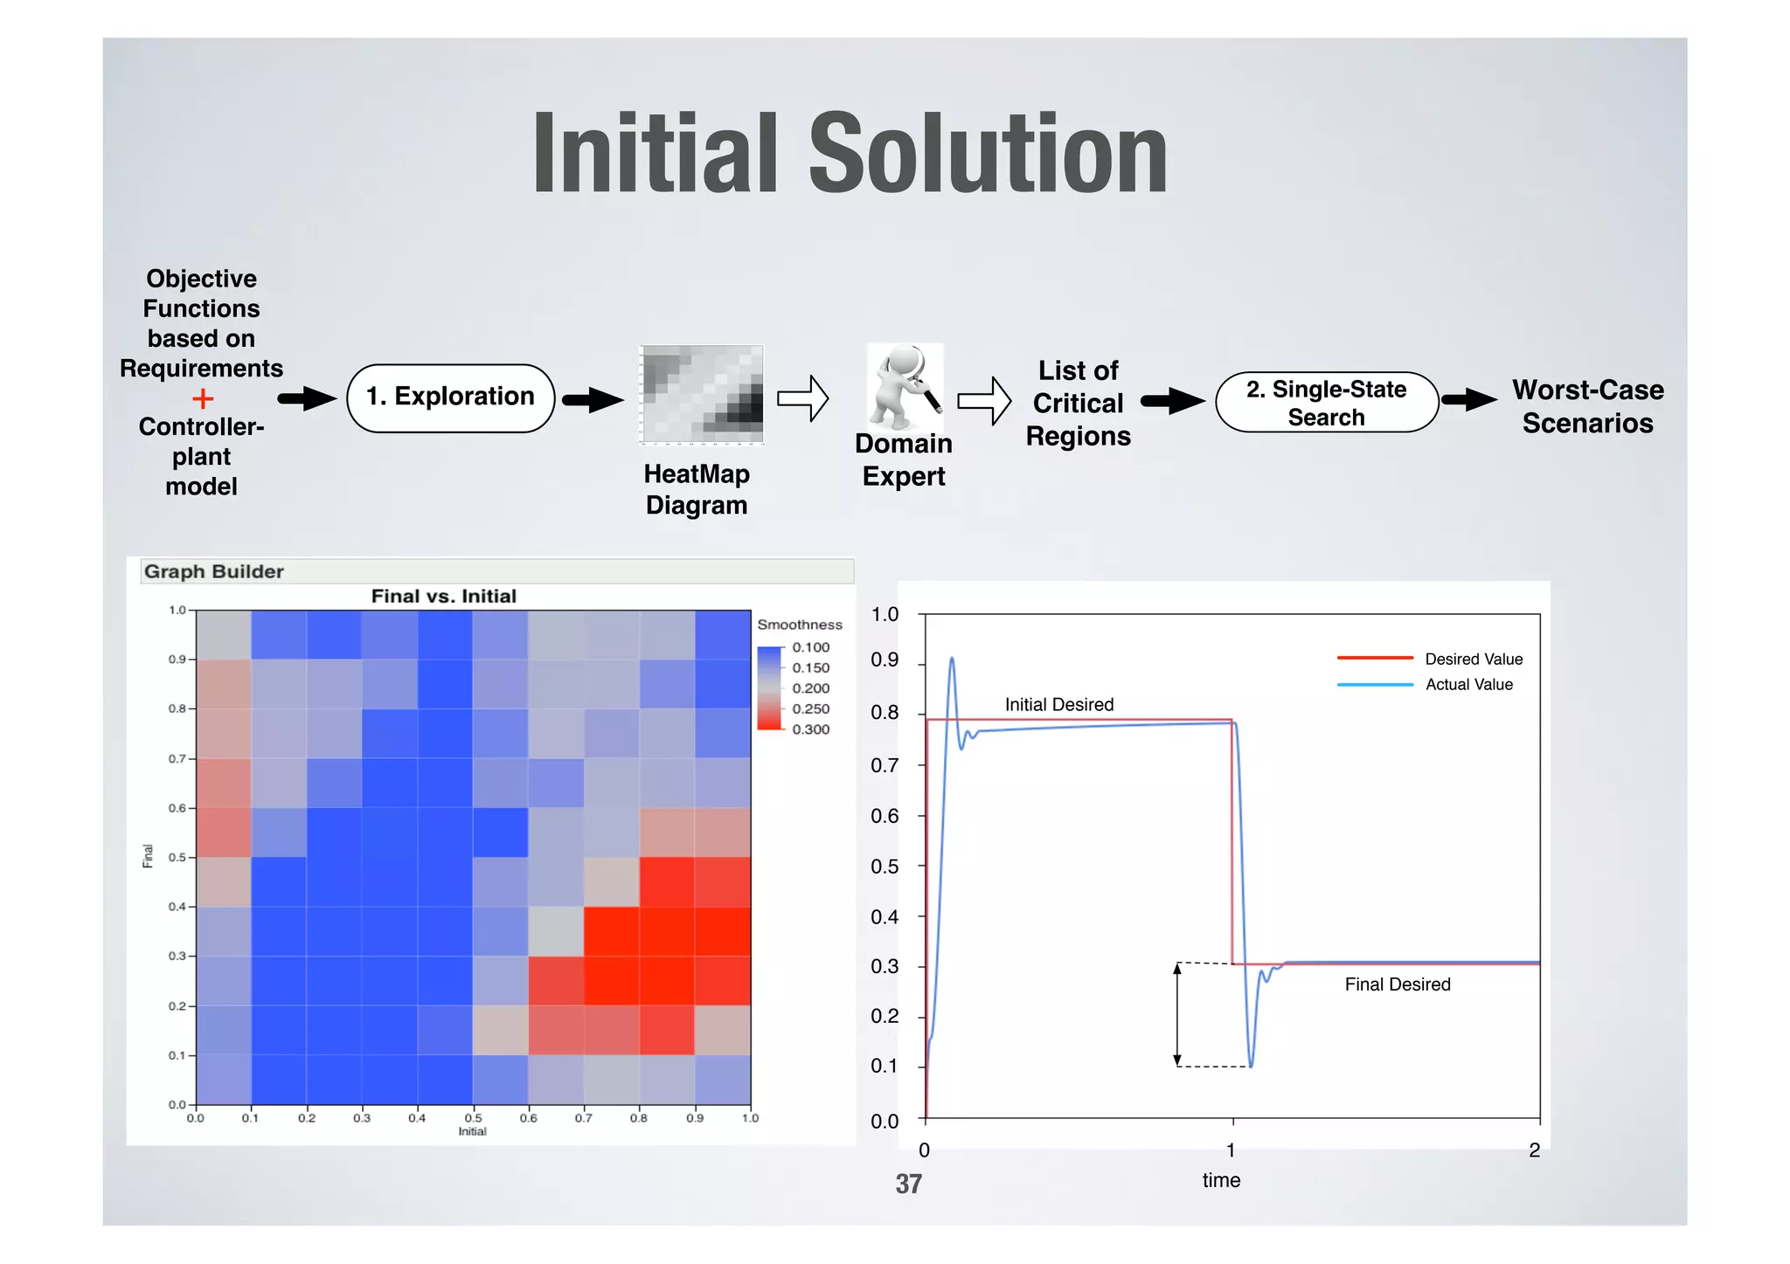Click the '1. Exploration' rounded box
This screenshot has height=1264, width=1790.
[x=450, y=397]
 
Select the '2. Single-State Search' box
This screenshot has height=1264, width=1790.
[x=1326, y=403]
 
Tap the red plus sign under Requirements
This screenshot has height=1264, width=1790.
[x=203, y=399]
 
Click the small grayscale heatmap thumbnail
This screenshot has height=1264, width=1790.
[x=701, y=395]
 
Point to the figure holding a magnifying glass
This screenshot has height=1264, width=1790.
[x=905, y=383]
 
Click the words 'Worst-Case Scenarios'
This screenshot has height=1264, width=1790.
[x=1587, y=406]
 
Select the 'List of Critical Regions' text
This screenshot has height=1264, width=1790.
[x=1078, y=403]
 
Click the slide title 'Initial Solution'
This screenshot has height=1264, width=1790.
[x=850, y=154]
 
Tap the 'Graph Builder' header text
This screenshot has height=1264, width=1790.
[x=214, y=571]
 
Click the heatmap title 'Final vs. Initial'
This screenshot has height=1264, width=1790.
[x=443, y=596]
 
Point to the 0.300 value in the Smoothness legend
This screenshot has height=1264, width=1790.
[x=810, y=729]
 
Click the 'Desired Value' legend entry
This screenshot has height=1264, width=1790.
[x=1473, y=659]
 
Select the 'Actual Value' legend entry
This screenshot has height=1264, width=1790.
[x=1468, y=684]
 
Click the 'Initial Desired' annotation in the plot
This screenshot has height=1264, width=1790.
[x=1058, y=704]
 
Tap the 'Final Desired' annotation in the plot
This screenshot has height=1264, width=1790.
[x=1397, y=984]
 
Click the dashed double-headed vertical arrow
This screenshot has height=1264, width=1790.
[x=1177, y=1014]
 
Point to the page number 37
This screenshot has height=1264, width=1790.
[x=908, y=1184]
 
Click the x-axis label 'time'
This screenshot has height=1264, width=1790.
[x=1221, y=1180]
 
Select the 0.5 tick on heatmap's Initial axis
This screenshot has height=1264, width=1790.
[x=473, y=1117]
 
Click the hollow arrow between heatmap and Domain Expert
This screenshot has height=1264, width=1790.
[x=802, y=399]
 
